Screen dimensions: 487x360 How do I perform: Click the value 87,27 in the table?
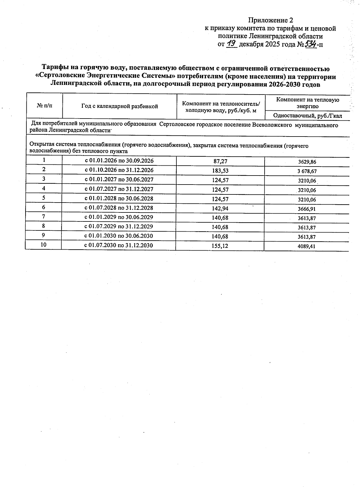coord(220,161)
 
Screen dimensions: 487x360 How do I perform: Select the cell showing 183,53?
coord(220,170)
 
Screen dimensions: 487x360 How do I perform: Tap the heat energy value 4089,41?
coord(307,247)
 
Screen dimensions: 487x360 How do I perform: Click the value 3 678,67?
coord(307,171)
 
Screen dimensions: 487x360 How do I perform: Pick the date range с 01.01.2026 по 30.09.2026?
coord(119,161)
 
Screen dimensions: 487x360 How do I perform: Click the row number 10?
coord(43,245)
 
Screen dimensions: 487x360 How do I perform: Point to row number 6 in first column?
coord(44,207)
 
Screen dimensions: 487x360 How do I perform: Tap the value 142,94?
coord(220,208)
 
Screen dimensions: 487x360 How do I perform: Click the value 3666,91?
coord(307,209)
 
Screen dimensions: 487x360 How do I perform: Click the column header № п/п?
coord(44,106)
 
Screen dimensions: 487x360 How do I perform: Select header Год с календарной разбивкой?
coord(119,106)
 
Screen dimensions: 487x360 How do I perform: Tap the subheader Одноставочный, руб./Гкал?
coord(307,116)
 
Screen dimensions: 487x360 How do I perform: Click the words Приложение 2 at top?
coord(270,20)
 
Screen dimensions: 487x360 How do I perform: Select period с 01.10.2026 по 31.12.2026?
coord(119,170)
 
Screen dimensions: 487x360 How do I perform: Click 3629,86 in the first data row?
coord(307,162)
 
